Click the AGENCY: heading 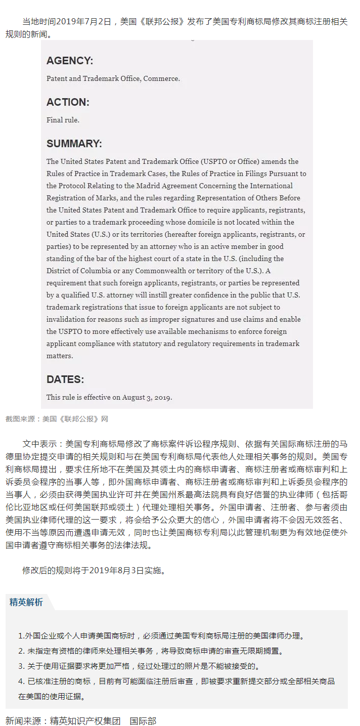[70, 61]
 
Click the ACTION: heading [68, 102]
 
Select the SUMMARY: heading [74, 144]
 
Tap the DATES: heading [65, 379]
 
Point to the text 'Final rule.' [63, 120]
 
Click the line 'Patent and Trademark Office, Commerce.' [113, 78]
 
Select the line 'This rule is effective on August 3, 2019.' [109, 397]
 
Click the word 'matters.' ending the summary [60, 356]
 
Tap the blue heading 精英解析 [26, 602]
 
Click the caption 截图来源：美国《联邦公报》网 [57, 419]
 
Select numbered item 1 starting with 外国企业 [161, 635]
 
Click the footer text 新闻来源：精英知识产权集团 [63, 720]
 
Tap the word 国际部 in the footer [143, 720]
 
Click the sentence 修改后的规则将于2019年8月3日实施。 [94, 570]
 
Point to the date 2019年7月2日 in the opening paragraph [83, 22]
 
